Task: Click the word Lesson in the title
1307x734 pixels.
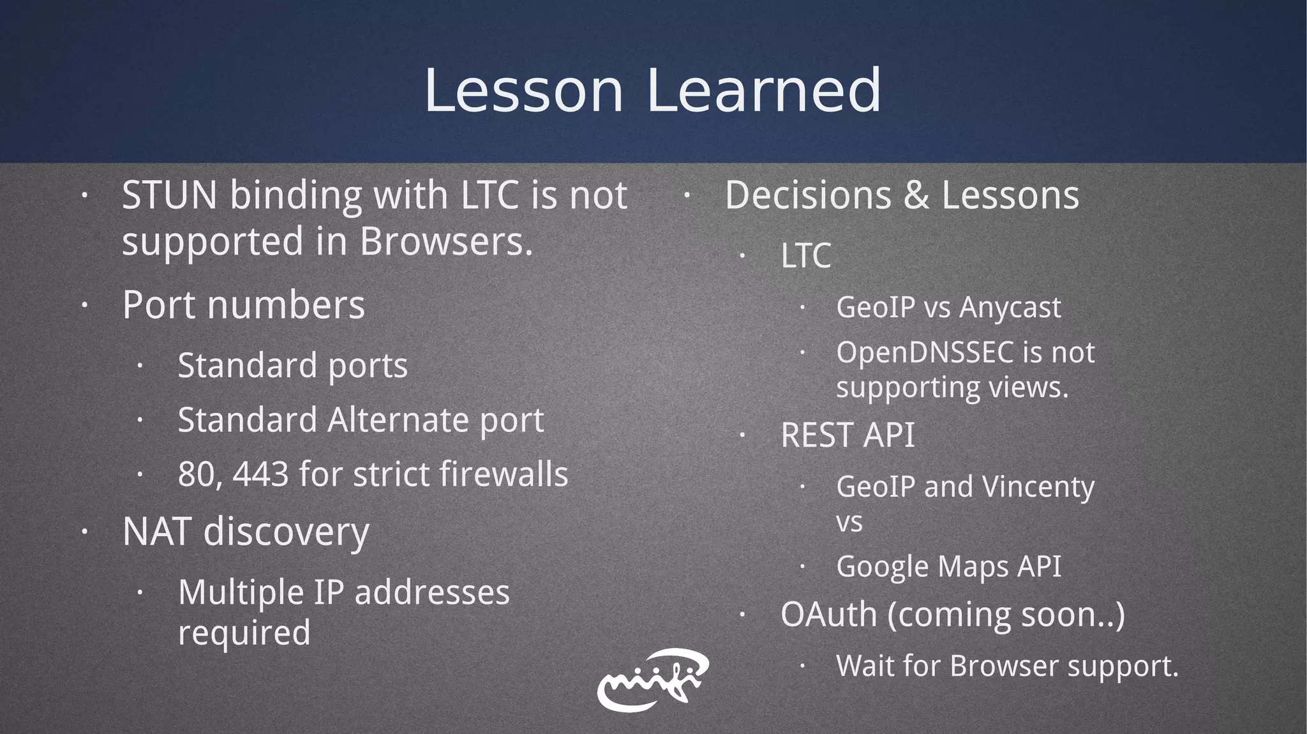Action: [x=523, y=91]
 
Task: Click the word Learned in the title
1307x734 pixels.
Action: [x=764, y=91]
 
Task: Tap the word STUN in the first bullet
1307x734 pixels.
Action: [x=169, y=195]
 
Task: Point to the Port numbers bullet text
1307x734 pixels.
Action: [x=243, y=304]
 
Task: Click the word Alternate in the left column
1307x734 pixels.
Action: [x=398, y=420]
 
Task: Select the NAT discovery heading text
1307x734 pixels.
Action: [x=246, y=532]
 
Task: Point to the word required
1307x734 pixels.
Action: [x=244, y=633]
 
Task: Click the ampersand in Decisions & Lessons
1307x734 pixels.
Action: [x=916, y=195]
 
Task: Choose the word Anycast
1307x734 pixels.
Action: [x=1010, y=308]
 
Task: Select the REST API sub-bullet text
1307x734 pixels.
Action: [x=848, y=435]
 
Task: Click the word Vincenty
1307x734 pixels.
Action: [x=1038, y=487]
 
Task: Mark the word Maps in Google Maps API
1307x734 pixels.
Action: [x=967, y=567]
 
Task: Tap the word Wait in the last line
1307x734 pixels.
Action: [x=865, y=666]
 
